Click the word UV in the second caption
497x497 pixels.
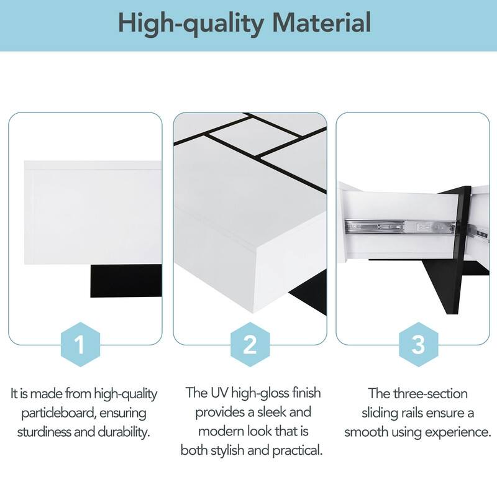click(x=219, y=393)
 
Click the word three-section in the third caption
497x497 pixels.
click(x=432, y=393)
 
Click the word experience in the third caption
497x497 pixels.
click(x=457, y=431)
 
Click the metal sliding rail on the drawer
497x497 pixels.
click(x=398, y=229)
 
